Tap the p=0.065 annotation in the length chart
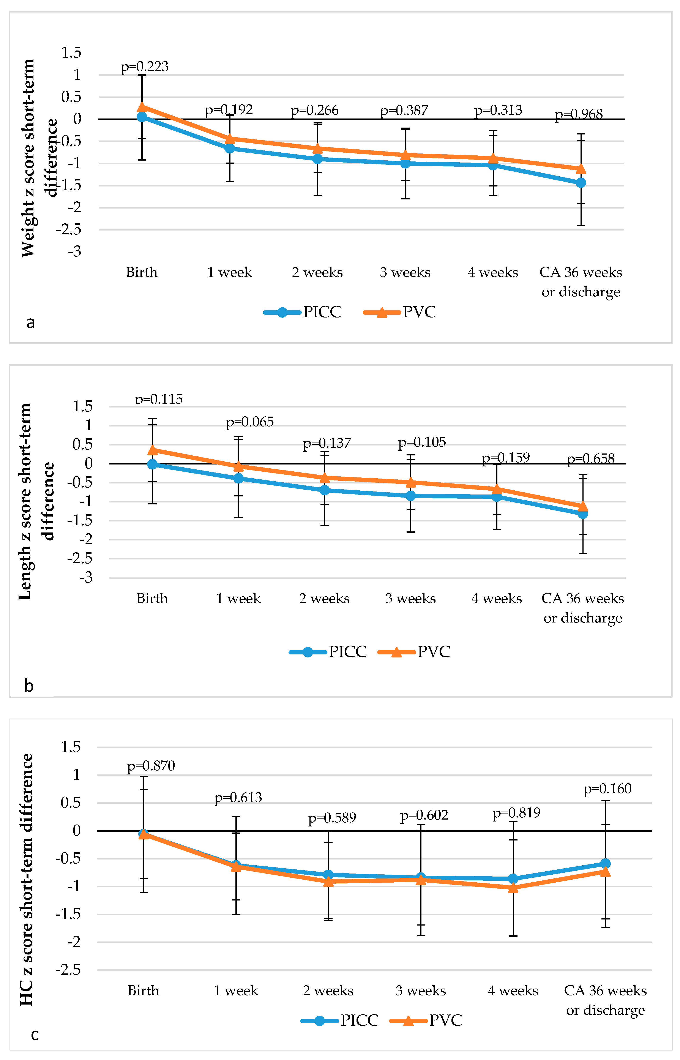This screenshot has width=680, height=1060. click(x=249, y=422)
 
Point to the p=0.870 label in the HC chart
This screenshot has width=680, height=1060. click(x=151, y=766)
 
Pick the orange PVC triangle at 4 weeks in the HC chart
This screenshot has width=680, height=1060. click(x=513, y=887)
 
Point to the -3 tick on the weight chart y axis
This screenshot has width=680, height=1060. click(x=75, y=252)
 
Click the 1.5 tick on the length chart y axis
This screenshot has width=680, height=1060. click(x=83, y=406)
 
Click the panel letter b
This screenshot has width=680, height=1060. click(x=29, y=686)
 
